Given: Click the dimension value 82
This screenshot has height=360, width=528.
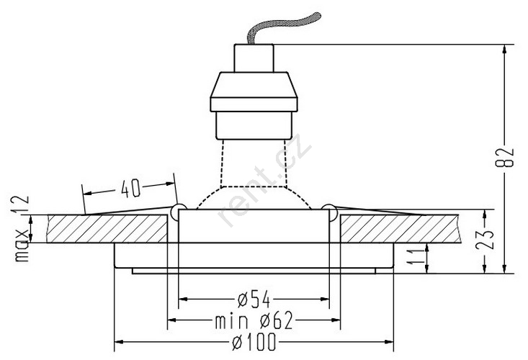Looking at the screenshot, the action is (x=505, y=158).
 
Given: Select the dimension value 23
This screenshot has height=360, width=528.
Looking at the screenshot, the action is (x=485, y=239).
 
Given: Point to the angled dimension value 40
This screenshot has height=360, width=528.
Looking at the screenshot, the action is (x=130, y=189).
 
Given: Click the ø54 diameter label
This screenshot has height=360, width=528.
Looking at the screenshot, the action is (x=254, y=299).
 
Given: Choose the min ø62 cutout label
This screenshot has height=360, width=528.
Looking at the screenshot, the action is (x=254, y=320).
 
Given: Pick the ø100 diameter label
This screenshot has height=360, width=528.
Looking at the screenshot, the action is (x=254, y=342).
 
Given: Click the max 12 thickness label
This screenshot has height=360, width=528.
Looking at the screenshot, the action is (x=22, y=229).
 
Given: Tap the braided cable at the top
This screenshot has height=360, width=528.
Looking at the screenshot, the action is (x=283, y=27).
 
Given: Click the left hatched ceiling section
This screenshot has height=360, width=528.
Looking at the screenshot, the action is (x=108, y=229).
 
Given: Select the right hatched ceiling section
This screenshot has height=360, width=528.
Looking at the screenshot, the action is (x=400, y=229).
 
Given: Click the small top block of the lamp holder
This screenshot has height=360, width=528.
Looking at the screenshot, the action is (x=254, y=58).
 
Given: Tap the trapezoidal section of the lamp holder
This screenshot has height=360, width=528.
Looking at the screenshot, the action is (x=254, y=85).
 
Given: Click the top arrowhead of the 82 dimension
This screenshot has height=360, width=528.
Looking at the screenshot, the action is (x=504, y=49).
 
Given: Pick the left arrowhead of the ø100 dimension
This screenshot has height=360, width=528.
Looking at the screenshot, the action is (x=119, y=342).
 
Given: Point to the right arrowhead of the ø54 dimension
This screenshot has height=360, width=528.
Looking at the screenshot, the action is (x=325, y=299).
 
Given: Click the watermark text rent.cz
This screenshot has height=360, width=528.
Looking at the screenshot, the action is (x=264, y=181).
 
